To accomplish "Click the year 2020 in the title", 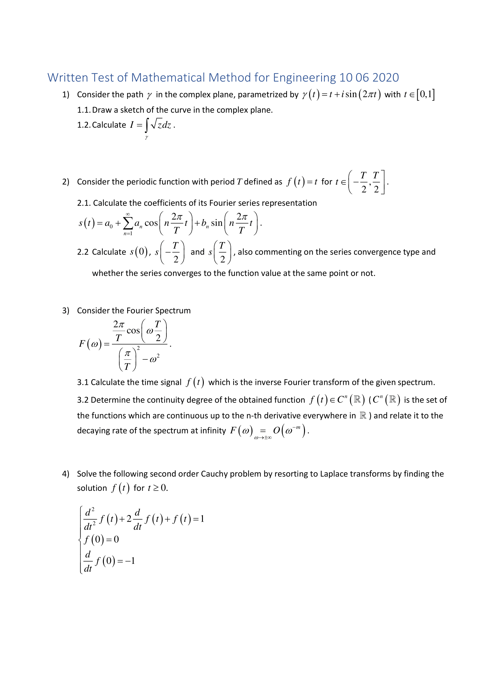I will (x=385, y=78).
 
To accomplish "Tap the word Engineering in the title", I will (x=304, y=78).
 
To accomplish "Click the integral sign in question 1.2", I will (x=147, y=125).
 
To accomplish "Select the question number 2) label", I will (x=66, y=182).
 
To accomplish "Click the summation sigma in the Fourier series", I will (x=128, y=224).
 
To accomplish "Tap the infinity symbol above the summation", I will (x=128, y=214).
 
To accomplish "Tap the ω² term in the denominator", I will (x=153, y=359).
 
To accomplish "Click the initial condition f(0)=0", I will (x=101, y=539).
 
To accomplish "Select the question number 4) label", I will (x=66, y=474).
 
